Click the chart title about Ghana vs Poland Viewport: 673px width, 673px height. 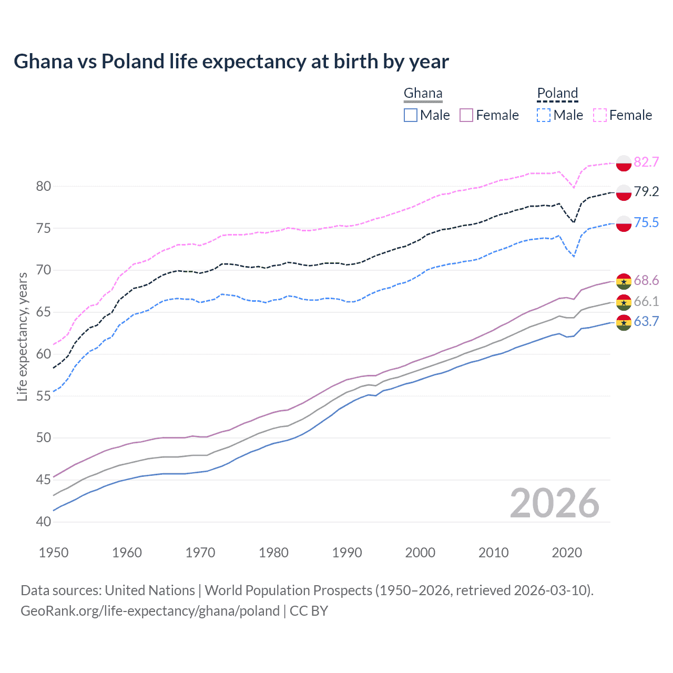[231, 62]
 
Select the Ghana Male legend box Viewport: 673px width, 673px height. [411, 115]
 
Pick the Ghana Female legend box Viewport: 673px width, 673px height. [467, 115]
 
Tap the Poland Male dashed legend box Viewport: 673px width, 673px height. [544, 115]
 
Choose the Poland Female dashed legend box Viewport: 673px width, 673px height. [600, 115]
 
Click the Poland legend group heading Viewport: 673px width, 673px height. [557, 94]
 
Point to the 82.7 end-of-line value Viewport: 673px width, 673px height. [646, 162]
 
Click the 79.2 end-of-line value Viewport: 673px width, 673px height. [646, 192]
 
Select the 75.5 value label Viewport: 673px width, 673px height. [646, 223]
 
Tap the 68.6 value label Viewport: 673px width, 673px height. [646, 281]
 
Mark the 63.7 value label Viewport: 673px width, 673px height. [646, 322]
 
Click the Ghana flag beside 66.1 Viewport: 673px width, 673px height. [624, 302]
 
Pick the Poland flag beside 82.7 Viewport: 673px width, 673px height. [624, 163]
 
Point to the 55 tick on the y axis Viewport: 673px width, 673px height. [44, 396]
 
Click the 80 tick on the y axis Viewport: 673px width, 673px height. [44, 186]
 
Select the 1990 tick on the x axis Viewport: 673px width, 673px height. [347, 553]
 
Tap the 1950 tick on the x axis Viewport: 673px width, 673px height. [54, 553]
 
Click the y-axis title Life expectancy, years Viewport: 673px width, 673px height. [23, 336]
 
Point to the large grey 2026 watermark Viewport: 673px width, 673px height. [555, 503]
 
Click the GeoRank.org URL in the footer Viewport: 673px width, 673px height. [150, 611]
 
